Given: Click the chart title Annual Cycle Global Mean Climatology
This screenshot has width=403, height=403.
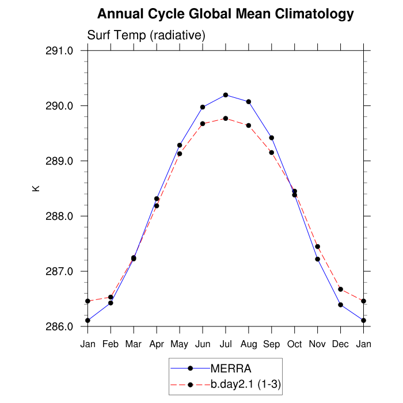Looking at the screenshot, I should coord(225,13).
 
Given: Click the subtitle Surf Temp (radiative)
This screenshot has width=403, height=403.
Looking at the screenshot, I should coord(146,36).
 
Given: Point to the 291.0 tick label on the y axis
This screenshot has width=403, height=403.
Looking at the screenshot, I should coord(60,51).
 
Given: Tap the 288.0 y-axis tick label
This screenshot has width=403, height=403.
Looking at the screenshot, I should coord(60,216).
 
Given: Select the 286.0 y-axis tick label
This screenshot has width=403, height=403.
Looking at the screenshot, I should coord(60,326).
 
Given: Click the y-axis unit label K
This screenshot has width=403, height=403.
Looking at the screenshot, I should coord(36,188).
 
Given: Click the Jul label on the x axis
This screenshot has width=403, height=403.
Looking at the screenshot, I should coord(226,344).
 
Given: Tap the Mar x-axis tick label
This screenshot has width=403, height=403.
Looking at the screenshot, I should coord(134,344).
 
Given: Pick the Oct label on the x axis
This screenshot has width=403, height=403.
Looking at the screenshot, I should coord(295,344).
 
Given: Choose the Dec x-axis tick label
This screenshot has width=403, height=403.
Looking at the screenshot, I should coord(341,344).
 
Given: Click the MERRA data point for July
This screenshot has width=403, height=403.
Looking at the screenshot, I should coord(226,95).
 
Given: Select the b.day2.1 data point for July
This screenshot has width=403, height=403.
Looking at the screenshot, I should coord(226,119).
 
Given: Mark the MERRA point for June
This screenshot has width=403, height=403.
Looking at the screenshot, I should coord(203,107).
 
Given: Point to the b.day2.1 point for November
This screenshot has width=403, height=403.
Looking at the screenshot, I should coord(318,246).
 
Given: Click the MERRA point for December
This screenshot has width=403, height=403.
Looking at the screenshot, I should coord(341,305).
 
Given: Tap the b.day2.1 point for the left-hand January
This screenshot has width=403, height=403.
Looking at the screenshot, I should coord(88,301).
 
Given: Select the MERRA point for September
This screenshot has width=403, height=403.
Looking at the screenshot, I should coord(272,138).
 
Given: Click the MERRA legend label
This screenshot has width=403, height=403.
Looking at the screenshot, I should coord(231,368).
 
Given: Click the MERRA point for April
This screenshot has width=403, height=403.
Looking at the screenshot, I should coord(157,199).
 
